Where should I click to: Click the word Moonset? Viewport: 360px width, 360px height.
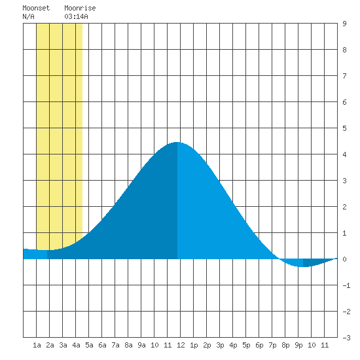point(36,8)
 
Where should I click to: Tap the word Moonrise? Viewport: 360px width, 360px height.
point(80,8)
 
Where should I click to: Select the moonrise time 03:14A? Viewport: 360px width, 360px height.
point(76,16)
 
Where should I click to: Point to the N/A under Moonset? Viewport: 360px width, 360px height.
point(28,16)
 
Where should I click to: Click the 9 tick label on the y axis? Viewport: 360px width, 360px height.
point(344,24)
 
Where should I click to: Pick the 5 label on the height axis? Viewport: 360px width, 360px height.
point(344,128)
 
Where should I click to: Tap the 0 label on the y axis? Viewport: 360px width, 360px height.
point(344,259)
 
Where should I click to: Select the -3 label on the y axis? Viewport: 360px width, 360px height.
point(346,338)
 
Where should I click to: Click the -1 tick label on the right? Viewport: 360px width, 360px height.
point(346,285)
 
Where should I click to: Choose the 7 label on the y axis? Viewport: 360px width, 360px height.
point(344,76)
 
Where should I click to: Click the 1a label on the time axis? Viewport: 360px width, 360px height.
point(37,345)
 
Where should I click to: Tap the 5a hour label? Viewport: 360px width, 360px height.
point(89,345)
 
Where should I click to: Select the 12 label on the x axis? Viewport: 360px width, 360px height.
point(181,345)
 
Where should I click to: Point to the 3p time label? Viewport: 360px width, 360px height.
point(220,345)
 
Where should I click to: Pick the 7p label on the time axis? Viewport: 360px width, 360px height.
point(272,345)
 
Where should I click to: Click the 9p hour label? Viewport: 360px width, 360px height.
point(298,345)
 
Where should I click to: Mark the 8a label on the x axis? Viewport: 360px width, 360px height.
point(128,345)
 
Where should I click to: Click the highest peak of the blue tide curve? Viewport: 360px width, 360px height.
point(177,142)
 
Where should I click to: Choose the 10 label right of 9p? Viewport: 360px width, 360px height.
point(312,345)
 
